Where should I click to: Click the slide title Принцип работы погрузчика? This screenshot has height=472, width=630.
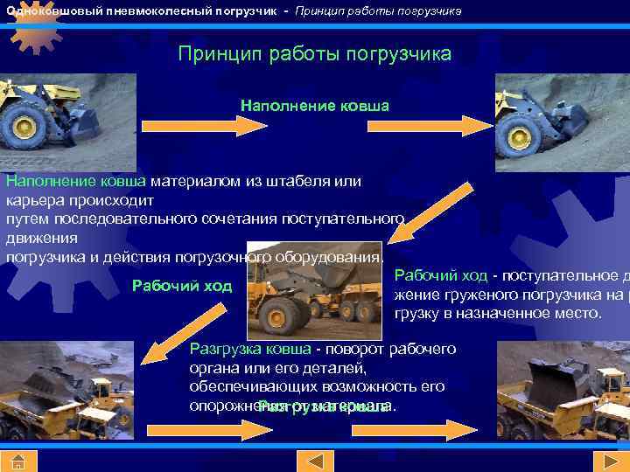[314, 54]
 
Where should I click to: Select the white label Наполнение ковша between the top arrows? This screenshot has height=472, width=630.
[314, 106]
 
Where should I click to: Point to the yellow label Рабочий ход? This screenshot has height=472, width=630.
[181, 286]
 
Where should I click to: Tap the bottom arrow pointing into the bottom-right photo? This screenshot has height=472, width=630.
[443, 429]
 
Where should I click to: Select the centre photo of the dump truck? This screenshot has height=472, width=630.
[314, 288]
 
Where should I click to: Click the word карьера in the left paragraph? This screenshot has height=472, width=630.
[33, 198]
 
